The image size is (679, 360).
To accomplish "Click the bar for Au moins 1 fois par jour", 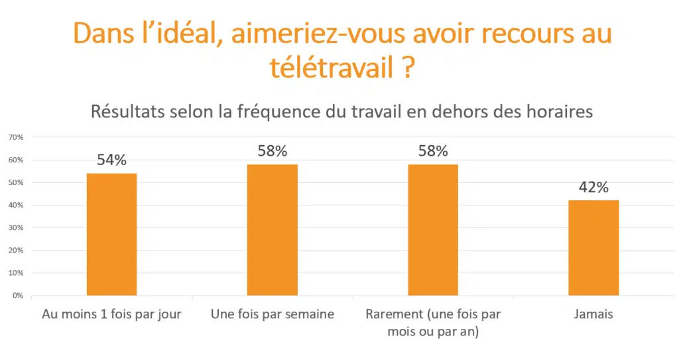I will click(x=111, y=234).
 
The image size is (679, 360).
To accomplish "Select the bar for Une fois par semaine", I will click(x=272, y=229).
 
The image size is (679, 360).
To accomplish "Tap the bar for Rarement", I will click(x=433, y=229).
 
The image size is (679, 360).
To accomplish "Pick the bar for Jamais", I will click(x=593, y=247).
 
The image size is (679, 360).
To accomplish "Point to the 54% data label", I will click(x=111, y=160).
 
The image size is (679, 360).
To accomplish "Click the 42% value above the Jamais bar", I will click(x=593, y=188).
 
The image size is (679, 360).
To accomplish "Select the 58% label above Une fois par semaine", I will click(x=272, y=151).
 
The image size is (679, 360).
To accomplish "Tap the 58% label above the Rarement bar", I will click(x=433, y=151).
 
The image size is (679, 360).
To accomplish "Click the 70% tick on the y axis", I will click(x=16, y=137).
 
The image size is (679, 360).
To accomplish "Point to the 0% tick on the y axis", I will click(x=18, y=296).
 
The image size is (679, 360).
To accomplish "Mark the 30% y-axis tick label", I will click(x=16, y=228).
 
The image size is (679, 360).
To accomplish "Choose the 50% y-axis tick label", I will click(x=16, y=182).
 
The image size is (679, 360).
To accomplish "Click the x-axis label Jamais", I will click(x=593, y=314).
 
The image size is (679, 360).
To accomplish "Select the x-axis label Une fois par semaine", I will click(x=272, y=314).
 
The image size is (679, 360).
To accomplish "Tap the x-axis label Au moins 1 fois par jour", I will click(x=111, y=314).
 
